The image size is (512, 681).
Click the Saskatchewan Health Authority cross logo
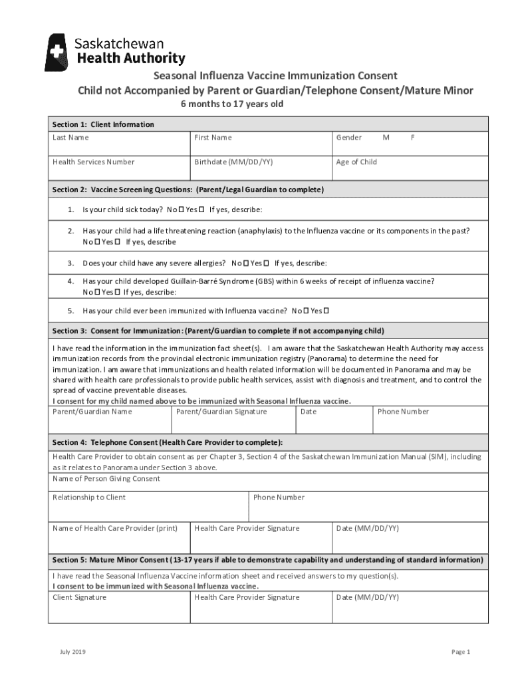coord(56,52)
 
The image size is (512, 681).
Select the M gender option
coord(386,138)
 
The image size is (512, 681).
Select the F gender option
coord(412,138)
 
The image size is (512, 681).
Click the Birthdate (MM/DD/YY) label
coord(233,162)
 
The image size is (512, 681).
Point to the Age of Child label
coord(356,162)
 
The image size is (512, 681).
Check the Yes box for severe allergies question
coord(267,263)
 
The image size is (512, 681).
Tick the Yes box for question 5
coord(326,311)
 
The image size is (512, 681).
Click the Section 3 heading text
coord(218,331)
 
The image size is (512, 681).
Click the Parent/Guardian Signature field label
coord(221,412)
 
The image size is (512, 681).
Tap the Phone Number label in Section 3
coord(403,412)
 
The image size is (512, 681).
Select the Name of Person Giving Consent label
coord(106,479)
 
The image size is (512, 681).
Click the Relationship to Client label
coord(89,497)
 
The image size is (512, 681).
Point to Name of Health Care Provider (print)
coord(115,529)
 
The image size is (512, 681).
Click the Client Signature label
coord(79,597)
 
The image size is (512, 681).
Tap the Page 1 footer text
coord(461,652)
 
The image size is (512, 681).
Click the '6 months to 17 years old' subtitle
coord(233,104)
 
